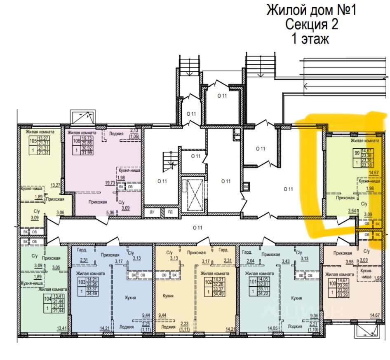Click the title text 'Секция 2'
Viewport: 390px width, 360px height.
tap(312, 24)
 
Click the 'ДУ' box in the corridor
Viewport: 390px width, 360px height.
tap(152, 212)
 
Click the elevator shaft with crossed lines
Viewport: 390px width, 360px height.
tap(193, 194)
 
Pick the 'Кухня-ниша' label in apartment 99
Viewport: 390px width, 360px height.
tap(368, 181)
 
